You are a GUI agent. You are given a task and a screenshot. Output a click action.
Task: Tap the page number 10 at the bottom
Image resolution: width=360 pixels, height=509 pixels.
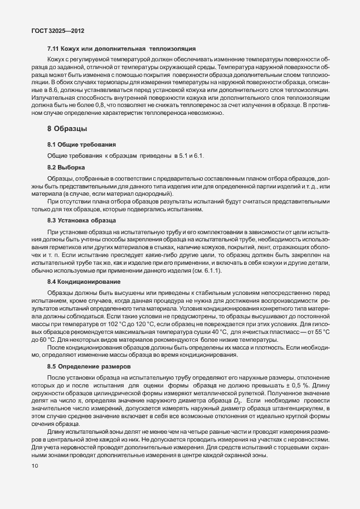coord(35,480)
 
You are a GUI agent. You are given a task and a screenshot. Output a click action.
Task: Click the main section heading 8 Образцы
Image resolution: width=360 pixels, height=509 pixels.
coord(67,129)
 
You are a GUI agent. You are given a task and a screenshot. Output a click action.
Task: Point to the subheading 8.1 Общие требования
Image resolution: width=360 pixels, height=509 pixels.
coord(81,144)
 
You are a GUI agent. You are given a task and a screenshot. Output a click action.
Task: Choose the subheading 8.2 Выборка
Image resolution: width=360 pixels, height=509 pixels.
coord(66,167)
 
